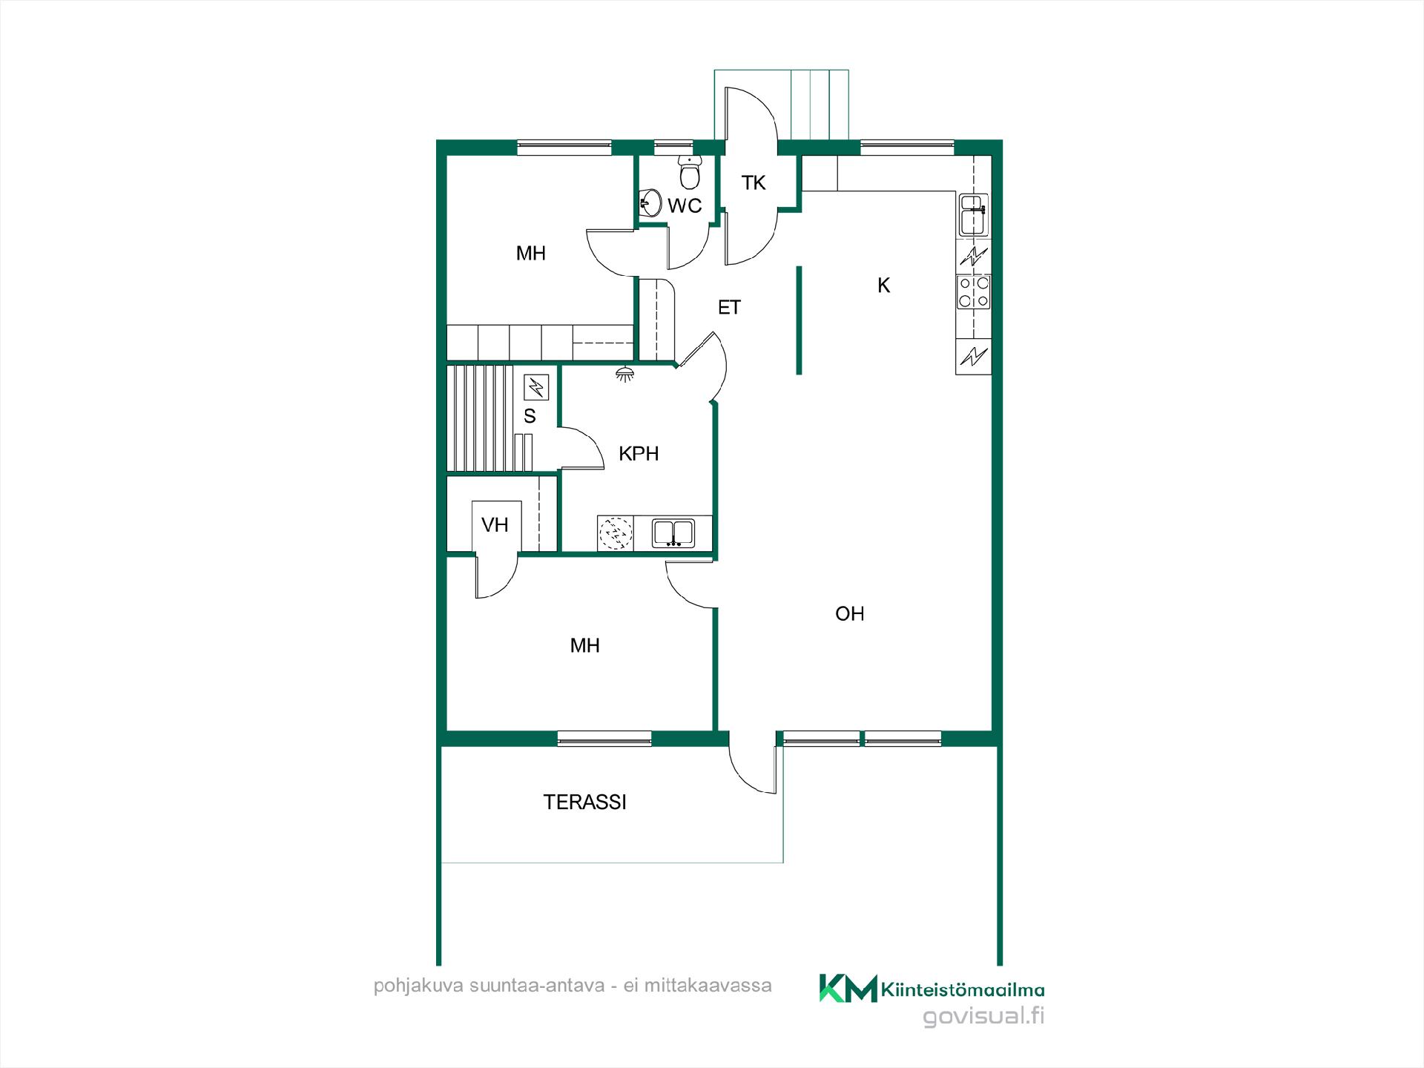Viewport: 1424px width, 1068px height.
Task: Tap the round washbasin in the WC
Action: [650, 202]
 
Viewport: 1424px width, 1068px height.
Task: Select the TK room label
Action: [754, 182]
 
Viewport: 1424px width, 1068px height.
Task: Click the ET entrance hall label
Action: [729, 307]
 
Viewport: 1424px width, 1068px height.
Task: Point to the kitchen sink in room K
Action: [973, 215]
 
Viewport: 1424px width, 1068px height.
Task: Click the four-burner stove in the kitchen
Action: [974, 291]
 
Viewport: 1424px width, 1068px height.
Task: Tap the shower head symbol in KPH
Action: [625, 374]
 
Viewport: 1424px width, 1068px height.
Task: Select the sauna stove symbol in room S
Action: [536, 387]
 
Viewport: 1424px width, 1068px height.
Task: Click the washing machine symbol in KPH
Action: [616, 533]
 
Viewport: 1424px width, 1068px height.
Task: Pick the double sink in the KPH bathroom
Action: [673, 533]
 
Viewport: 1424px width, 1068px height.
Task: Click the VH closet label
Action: [495, 525]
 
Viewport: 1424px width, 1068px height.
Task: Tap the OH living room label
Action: [850, 613]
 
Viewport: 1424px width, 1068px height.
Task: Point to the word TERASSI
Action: [584, 802]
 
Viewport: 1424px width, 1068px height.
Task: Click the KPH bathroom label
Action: [639, 453]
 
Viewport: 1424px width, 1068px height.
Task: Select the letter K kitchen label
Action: [883, 286]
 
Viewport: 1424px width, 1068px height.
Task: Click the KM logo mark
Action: [848, 988]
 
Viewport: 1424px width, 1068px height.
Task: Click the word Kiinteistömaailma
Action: [963, 989]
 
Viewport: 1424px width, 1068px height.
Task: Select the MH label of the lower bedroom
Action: [584, 645]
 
